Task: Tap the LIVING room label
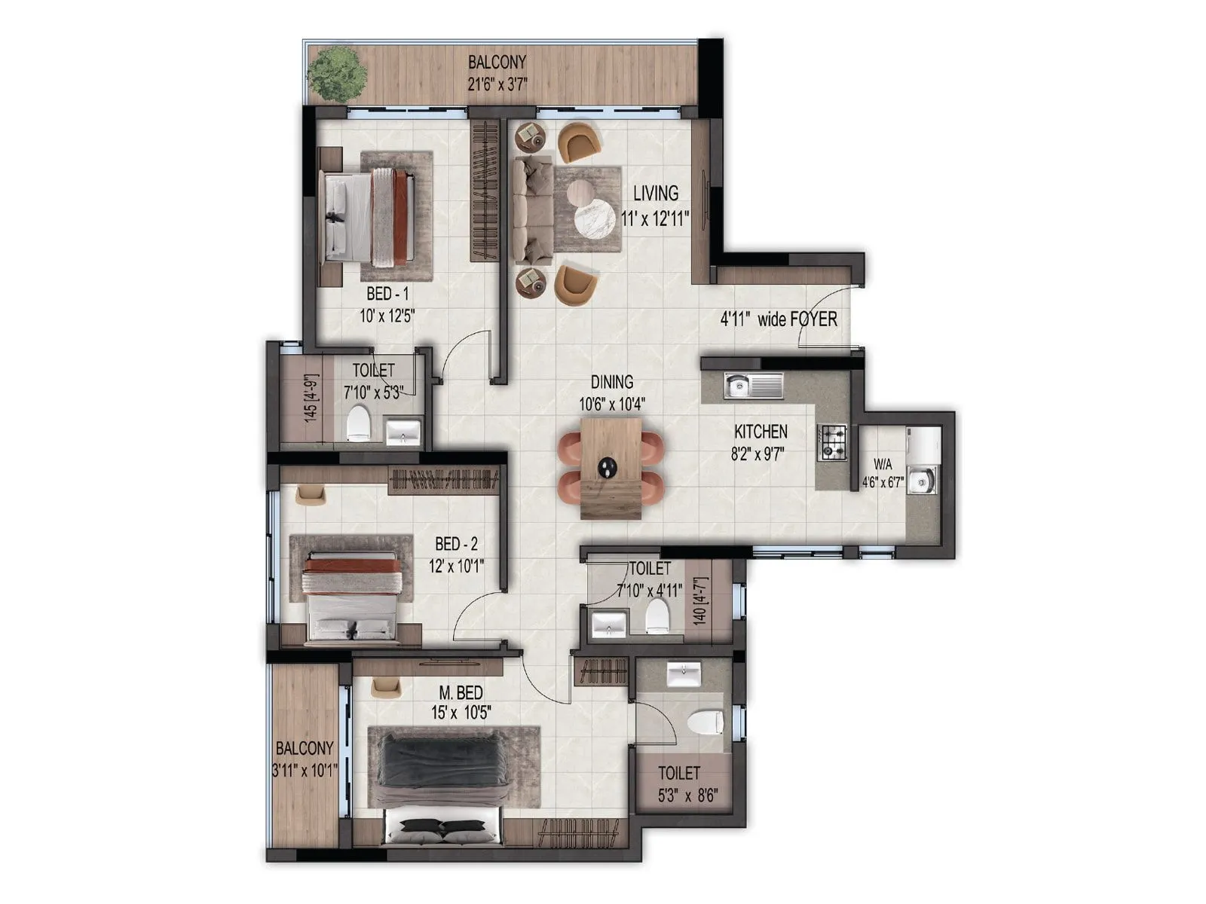click(x=655, y=194)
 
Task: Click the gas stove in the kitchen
click(x=832, y=442)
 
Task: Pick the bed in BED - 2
click(x=350, y=597)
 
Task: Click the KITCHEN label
click(x=761, y=432)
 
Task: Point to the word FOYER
click(x=813, y=319)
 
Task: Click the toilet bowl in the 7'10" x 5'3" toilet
click(x=359, y=423)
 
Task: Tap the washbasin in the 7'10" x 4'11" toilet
click(x=608, y=625)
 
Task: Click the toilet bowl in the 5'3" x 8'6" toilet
click(x=706, y=721)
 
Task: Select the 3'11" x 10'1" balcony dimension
click(x=305, y=771)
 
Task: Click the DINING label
click(x=611, y=382)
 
